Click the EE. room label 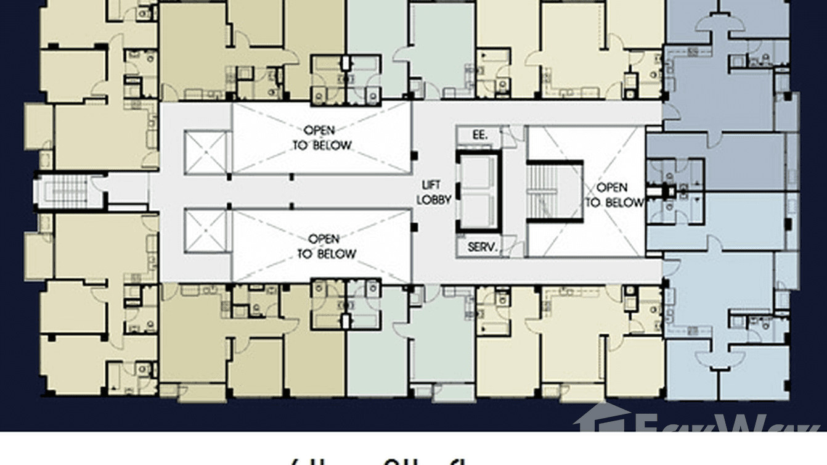479,134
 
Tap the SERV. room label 483,247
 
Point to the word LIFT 431,185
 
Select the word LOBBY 434,199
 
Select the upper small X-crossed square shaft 207,152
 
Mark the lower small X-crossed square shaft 207,230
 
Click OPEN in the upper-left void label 319,130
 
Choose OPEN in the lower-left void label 324,239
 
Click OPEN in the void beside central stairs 612,187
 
